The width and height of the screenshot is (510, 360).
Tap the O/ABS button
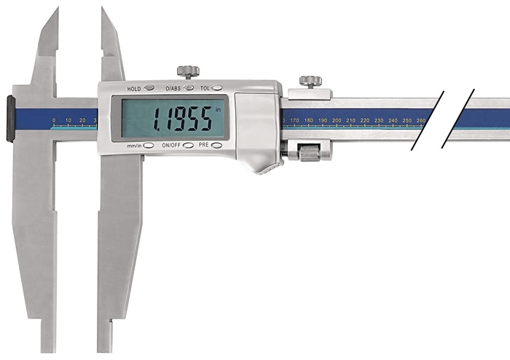(x=189, y=87)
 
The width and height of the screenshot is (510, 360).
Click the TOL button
(x=216, y=87)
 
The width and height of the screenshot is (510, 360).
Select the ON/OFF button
(x=188, y=145)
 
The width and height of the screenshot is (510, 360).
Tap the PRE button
(x=216, y=145)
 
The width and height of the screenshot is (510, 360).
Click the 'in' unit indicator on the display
(x=218, y=109)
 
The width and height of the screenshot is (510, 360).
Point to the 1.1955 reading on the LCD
(x=182, y=119)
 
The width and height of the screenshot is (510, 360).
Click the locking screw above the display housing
(x=188, y=72)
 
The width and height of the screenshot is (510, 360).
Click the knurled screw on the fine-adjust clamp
(x=310, y=82)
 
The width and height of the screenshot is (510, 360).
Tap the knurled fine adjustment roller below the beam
(x=310, y=154)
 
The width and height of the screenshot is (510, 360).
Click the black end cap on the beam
(x=10, y=119)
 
